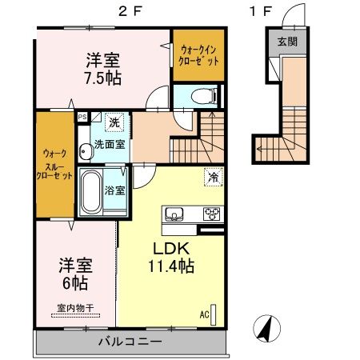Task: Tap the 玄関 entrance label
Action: tap(286, 42)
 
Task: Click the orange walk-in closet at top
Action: tap(197, 55)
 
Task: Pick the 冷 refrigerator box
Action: tap(214, 177)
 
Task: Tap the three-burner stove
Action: tap(212, 214)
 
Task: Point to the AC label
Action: tap(205, 314)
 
